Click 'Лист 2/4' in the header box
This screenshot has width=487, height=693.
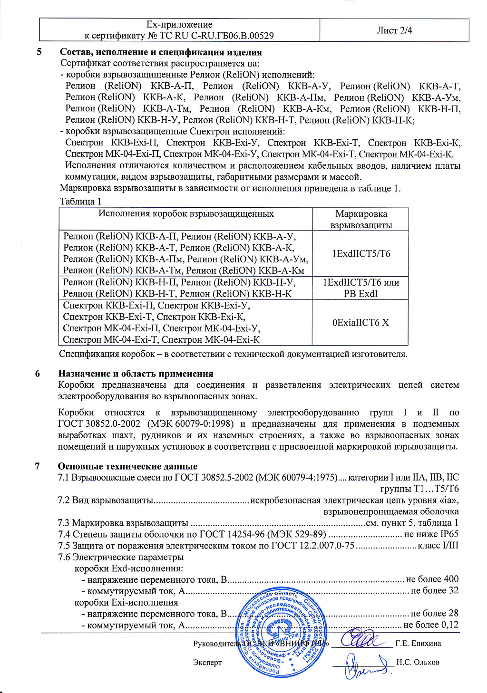[394, 30]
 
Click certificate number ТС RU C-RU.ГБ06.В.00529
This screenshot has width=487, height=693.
[210, 36]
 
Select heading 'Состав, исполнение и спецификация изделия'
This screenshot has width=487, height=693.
[161, 52]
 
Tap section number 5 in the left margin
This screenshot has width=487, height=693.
[39, 52]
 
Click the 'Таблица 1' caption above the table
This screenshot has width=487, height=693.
[80, 201]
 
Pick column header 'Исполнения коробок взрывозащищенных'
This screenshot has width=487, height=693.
[186, 213]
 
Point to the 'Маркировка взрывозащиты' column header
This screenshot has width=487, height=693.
[361, 219]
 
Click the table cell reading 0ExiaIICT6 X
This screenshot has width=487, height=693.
[360, 322]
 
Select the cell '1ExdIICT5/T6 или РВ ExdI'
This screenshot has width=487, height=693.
[360, 288]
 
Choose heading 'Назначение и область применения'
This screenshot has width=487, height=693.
[136, 374]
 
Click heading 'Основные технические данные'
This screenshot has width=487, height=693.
[127, 466]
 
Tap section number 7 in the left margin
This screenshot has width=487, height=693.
[38, 466]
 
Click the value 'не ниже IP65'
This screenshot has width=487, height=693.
[431, 534]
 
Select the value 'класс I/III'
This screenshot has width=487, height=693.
[438, 545]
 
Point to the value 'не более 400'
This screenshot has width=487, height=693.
[432, 579]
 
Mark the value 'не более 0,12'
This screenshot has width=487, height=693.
[431, 625]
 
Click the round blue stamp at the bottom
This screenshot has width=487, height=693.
[281, 632]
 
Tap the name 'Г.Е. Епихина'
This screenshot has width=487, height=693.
[418, 643]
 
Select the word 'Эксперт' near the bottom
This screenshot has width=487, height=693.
[207, 662]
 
